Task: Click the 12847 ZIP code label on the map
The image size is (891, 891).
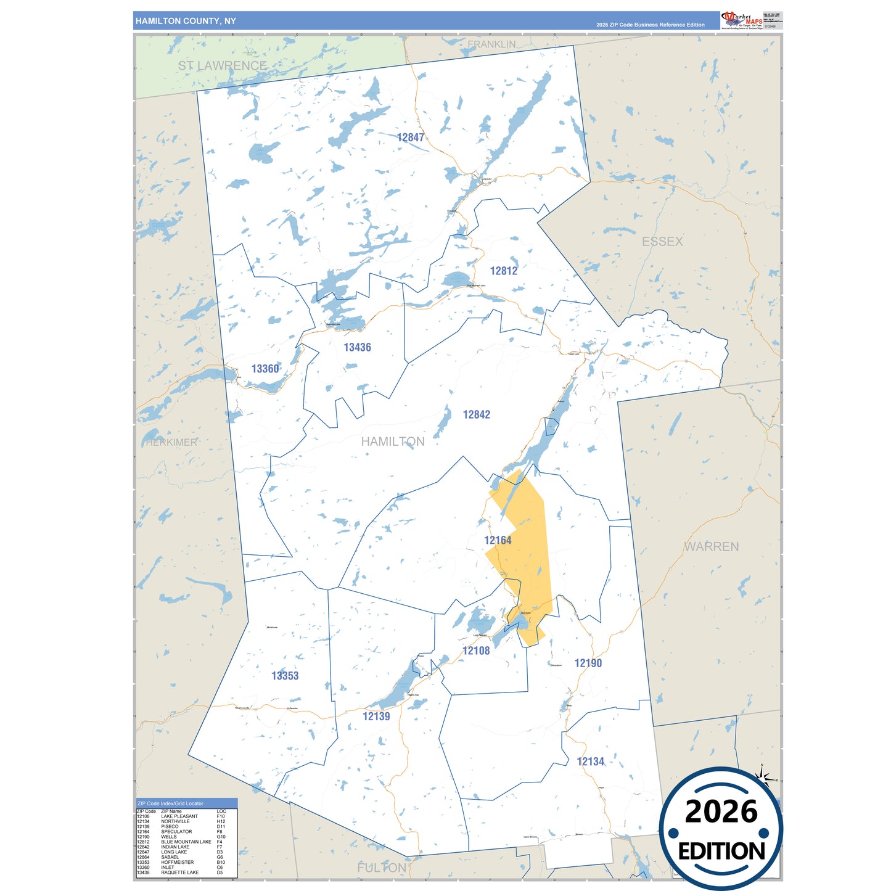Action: (x=410, y=138)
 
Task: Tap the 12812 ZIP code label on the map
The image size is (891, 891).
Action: (x=503, y=271)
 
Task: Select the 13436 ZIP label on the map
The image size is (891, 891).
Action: (x=357, y=347)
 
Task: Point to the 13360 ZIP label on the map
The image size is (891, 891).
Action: (x=265, y=369)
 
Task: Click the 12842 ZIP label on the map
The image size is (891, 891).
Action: (x=476, y=414)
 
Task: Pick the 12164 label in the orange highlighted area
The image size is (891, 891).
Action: (x=498, y=540)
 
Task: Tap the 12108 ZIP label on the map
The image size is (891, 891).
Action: (x=476, y=651)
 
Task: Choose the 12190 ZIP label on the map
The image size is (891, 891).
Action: (x=588, y=663)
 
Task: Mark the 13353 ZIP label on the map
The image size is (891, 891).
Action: (x=285, y=676)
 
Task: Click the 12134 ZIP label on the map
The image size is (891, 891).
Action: (x=590, y=762)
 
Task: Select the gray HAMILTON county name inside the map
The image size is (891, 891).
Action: (x=393, y=441)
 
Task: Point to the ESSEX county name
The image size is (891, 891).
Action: (x=662, y=242)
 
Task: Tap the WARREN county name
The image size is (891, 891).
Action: (x=711, y=546)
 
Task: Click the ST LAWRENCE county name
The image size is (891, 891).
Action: (x=223, y=65)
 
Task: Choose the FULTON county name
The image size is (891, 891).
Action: (x=382, y=868)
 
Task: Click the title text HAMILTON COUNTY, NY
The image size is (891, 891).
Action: (x=186, y=21)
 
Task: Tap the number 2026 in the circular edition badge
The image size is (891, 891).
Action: (x=721, y=811)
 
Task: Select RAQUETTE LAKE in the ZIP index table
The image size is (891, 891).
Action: (x=180, y=873)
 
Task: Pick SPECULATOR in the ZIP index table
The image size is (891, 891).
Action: (x=176, y=832)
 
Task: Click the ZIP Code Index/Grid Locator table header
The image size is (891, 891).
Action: (x=170, y=803)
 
